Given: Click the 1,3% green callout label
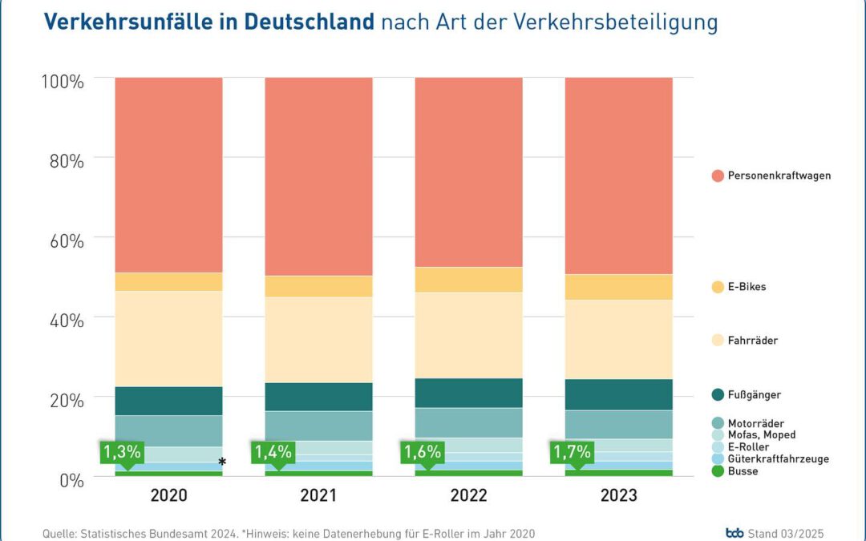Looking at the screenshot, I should [120, 452].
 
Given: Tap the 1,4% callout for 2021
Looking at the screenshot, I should [272, 452].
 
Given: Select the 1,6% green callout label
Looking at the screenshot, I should [422, 452].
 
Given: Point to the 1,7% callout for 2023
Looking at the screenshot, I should [572, 452].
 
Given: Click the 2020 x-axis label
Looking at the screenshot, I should [168, 496].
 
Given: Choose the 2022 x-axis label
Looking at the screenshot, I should [468, 496].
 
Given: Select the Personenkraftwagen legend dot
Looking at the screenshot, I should [718, 176].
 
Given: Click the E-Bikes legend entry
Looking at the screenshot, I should [747, 286].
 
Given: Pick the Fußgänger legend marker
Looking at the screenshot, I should [718, 394].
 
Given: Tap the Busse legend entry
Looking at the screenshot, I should [743, 471].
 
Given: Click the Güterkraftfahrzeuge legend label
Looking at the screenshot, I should [778, 459].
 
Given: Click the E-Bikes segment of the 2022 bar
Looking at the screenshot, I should [468, 280].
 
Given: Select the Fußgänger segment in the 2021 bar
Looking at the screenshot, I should [318, 397].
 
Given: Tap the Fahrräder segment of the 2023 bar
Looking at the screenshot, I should [618, 339].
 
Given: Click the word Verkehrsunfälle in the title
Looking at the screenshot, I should [128, 22].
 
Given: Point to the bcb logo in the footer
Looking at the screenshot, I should [734, 533].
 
